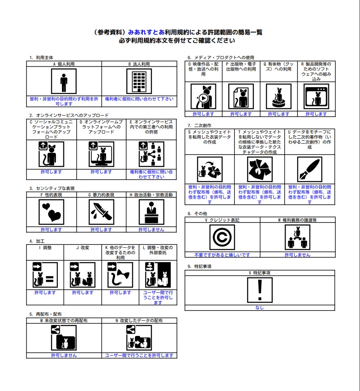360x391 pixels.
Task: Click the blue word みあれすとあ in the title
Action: [x=146, y=32]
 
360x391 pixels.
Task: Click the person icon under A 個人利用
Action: [x=64, y=81]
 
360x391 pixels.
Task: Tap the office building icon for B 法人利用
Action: [x=139, y=81]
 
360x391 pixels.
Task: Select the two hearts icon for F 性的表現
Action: [x=51, y=212]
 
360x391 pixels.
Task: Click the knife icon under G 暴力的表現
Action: [x=101, y=212]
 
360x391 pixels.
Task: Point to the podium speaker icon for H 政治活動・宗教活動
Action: [x=152, y=212]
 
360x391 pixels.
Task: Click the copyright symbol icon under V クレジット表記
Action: [x=222, y=237]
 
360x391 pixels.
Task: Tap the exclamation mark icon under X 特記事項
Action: [x=260, y=290]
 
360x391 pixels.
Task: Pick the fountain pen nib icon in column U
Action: [x=309, y=169]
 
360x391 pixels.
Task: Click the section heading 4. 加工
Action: [x=37, y=241]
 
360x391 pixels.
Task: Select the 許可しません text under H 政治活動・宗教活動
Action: [x=152, y=229]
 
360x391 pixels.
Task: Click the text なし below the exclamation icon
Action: [x=260, y=308]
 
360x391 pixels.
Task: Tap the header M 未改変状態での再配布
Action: [x=64, y=320]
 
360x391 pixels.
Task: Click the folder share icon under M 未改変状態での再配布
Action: [x=64, y=338]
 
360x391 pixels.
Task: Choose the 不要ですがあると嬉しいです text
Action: [x=222, y=255]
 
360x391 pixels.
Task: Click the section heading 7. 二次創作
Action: [x=200, y=125]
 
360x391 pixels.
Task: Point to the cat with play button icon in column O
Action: [x=203, y=96]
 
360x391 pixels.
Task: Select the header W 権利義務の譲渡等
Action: [x=298, y=220]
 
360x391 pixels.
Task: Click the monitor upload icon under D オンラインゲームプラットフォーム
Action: [x=101, y=154]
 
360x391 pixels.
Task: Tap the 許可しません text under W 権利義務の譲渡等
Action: [x=298, y=255]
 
